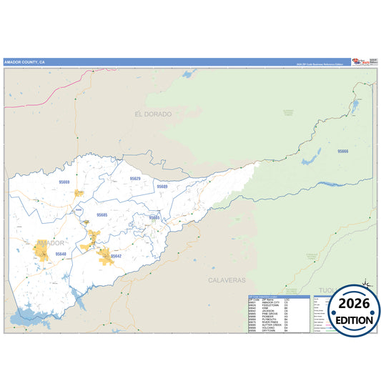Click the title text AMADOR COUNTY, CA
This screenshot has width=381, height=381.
[x=25, y=61]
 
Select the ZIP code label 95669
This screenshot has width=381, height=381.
[x=64, y=182]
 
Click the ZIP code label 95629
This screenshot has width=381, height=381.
[x=135, y=178]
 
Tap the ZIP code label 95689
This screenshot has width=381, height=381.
[x=162, y=186]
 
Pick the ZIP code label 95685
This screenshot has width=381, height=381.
[x=102, y=214]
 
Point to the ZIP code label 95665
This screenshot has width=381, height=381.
[x=154, y=217]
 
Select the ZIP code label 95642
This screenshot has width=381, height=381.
[x=116, y=256]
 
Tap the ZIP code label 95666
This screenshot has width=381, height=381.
[x=343, y=152]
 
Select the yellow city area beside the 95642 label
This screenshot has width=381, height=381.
[x=104, y=255]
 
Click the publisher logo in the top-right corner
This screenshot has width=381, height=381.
[x=362, y=61]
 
